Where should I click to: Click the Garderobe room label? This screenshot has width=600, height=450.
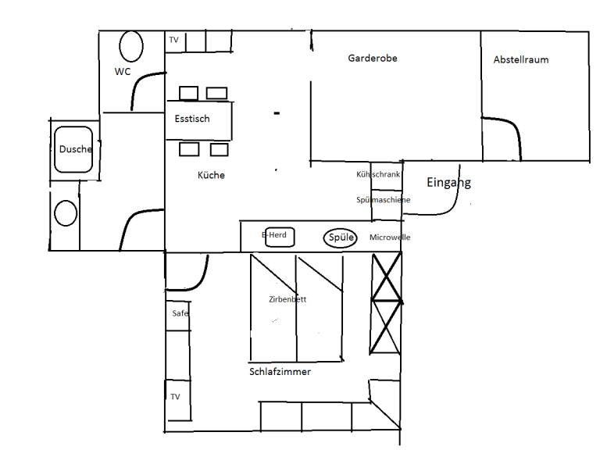[x=373, y=58]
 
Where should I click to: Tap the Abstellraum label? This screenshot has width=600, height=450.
[x=521, y=59]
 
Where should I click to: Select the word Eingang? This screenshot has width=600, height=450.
[x=448, y=183]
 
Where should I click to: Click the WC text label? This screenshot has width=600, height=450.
[x=123, y=72]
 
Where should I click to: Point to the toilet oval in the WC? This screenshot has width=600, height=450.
[x=131, y=46]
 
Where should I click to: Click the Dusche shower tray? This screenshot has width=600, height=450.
[x=73, y=150]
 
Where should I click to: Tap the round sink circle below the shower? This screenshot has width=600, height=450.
[x=66, y=213]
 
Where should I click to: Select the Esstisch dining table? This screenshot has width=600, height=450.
[x=198, y=120]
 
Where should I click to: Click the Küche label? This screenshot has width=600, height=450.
[x=211, y=175]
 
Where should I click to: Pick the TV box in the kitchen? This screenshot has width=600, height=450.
[x=175, y=41]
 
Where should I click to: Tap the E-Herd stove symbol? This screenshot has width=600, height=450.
[x=280, y=237]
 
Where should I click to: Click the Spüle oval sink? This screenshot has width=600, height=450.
[x=340, y=238]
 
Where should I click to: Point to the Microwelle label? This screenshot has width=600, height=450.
[x=390, y=237]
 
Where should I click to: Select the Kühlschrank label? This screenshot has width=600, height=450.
[x=378, y=174]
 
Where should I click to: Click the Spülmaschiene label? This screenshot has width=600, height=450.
[x=383, y=200]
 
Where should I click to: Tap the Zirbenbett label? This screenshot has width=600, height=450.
[x=287, y=299]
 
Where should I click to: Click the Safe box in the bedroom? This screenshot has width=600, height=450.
[x=178, y=316]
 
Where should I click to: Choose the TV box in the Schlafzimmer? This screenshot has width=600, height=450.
[x=178, y=400]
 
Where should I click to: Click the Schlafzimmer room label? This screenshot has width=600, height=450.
[x=280, y=372]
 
